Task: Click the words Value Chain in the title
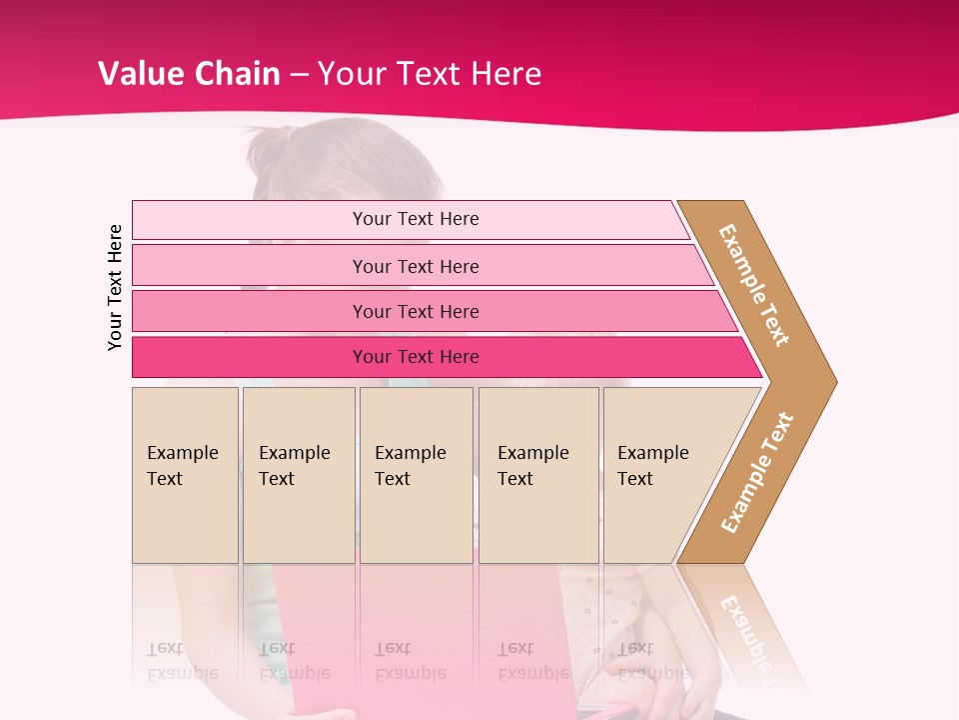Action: tap(189, 73)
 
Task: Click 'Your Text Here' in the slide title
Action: tap(430, 73)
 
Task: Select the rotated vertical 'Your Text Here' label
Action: tap(115, 287)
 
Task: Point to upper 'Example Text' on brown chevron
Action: tap(753, 285)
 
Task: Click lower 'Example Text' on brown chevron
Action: tap(757, 472)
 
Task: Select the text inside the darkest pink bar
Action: tap(416, 357)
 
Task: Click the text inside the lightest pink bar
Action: tap(416, 219)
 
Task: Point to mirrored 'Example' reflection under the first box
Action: tap(182, 674)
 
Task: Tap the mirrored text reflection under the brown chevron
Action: tap(744, 630)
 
